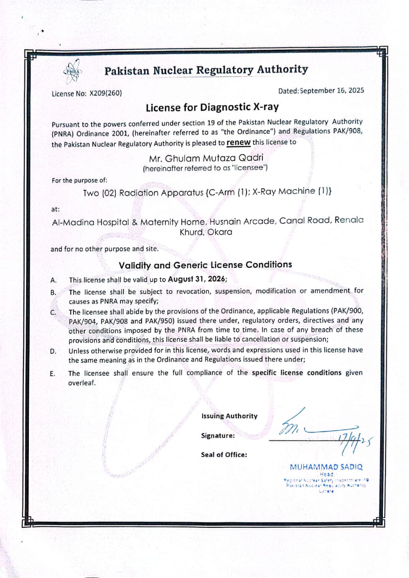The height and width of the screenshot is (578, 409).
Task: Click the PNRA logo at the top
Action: click(x=72, y=71)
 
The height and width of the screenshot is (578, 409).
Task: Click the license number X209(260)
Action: click(x=106, y=94)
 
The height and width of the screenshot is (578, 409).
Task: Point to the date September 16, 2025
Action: click(x=332, y=90)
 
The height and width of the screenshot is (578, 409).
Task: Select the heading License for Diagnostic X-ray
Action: click(x=212, y=107)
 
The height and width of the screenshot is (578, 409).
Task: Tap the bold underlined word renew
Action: click(x=238, y=142)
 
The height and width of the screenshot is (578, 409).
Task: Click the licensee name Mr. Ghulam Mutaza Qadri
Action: click(x=206, y=158)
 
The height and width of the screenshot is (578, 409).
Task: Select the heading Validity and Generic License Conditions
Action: click(x=205, y=265)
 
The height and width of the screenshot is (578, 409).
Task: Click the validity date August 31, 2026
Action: click(x=197, y=279)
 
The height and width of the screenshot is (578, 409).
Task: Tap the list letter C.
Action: click(x=53, y=312)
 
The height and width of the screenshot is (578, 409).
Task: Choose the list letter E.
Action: click(x=53, y=373)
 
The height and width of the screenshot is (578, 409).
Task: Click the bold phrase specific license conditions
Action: click(x=296, y=373)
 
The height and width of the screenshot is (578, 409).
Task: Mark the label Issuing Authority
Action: click(x=230, y=416)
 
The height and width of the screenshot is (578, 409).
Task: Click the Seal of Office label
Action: click(x=224, y=455)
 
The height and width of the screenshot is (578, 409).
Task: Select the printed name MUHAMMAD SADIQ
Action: click(x=326, y=467)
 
